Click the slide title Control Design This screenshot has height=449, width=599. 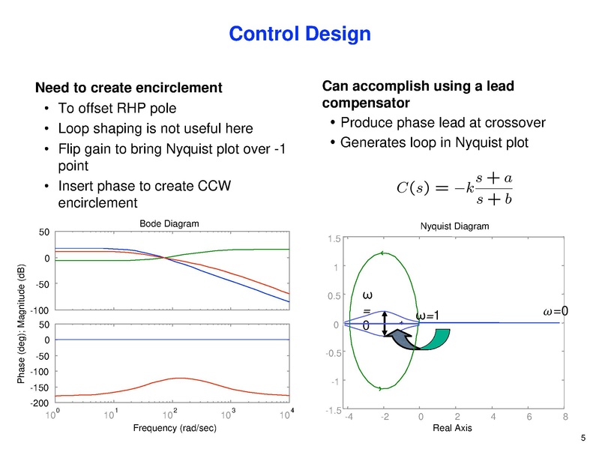coord(299,34)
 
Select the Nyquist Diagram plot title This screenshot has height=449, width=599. coord(454,226)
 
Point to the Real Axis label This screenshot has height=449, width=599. coord(454,427)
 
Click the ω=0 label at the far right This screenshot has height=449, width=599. coord(556,311)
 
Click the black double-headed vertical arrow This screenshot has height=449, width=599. coord(385,323)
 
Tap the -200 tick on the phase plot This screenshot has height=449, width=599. coord(38,403)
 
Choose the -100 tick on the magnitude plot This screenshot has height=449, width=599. coord(38,310)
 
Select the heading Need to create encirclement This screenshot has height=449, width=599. coord(129,88)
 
